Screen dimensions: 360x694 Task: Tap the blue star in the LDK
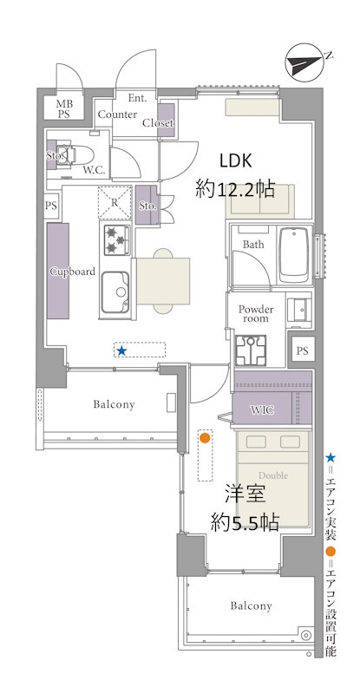pyautogui.click(x=121, y=351)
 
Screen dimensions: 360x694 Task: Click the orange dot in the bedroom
pyautogui.click(x=205, y=438)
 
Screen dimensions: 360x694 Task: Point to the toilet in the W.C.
pyautogui.click(x=75, y=155)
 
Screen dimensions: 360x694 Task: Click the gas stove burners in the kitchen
pyautogui.click(x=117, y=240)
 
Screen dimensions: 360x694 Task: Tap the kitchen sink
pyautogui.click(x=115, y=292)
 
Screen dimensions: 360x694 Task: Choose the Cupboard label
pyautogui.click(x=72, y=272)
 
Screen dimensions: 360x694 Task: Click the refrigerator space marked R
pyautogui.click(x=115, y=203)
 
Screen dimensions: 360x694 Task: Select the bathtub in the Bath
pyautogui.click(x=294, y=256)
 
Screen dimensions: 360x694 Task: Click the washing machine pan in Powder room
pyautogui.click(x=251, y=350)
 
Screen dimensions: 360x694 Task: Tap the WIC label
pyautogui.click(x=261, y=409)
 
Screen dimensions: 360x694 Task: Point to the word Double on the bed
pyautogui.click(x=273, y=475)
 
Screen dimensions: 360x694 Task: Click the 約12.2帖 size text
pyautogui.click(x=236, y=190)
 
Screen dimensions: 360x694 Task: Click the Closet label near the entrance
pyautogui.click(x=158, y=123)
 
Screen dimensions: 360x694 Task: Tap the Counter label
pyautogui.click(x=117, y=115)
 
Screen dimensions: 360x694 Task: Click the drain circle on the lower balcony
pyautogui.click(x=305, y=635)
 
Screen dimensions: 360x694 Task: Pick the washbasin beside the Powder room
pyautogui.click(x=299, y=310)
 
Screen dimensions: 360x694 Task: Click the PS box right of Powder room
pyautogui.click(x=302, y=351)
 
